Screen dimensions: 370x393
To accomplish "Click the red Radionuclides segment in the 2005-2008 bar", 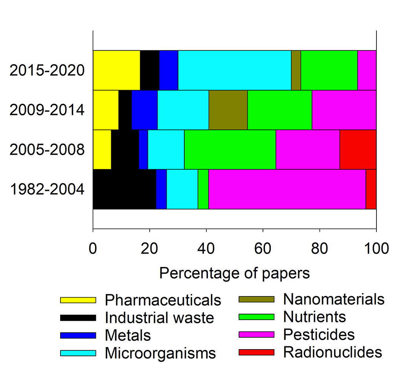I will point(358,150).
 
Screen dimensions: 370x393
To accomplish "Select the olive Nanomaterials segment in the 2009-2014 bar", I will point(228,110).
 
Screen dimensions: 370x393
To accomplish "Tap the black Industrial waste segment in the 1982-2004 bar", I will point(124,189).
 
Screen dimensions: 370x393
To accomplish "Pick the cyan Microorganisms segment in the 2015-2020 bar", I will point(235,70).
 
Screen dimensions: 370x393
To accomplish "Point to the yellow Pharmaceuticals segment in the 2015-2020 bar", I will point(116,70).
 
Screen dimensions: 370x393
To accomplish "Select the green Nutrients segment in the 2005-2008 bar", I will point(230,150).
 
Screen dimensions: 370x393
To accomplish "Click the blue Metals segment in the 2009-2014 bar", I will point(144,110).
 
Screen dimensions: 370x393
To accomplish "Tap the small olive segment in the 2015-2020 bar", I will point(296,70).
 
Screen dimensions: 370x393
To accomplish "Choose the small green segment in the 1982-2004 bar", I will point(203,189).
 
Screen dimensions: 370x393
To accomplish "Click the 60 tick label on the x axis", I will point(263,249).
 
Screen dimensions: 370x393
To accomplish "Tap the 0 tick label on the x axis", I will point(93,249).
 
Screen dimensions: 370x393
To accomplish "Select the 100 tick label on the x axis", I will point(376,249).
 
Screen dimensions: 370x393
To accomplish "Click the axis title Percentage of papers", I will point(235,273).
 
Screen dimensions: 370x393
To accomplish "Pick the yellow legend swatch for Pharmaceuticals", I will point(78,300).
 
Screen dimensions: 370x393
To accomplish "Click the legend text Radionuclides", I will point(332,351).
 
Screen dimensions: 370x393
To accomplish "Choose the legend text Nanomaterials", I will point(334,299).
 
